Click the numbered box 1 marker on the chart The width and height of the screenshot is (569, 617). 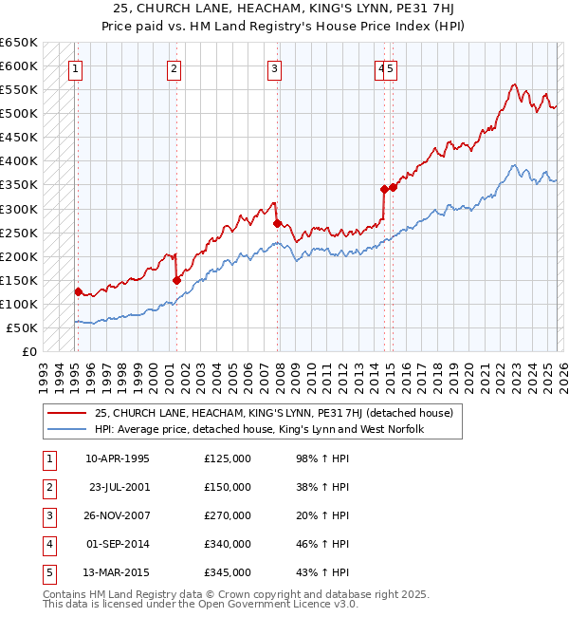pyautogui.click(x=74, y=68)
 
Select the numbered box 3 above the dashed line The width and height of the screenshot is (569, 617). pyautogui.click(x=273, y=68)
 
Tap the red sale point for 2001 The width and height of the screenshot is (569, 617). pyautogui.click(x=176, y=280)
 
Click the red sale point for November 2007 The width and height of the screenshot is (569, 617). pyautogui.click(x=277, y=223)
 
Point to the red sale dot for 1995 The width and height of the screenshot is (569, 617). pyautogui.click(x=78, y=291)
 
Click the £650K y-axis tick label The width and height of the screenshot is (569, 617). pyautogui.click(x=18, y=43)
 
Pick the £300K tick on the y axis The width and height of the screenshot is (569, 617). pyautogui.click(x=18, y=209)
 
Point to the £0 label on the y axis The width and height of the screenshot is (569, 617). pyautogui.click(x=28, y=352)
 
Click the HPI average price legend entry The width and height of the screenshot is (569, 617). pyautogui.click(x=258, y=429)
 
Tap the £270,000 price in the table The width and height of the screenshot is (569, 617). pyautogui.click(x=228, y=515)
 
